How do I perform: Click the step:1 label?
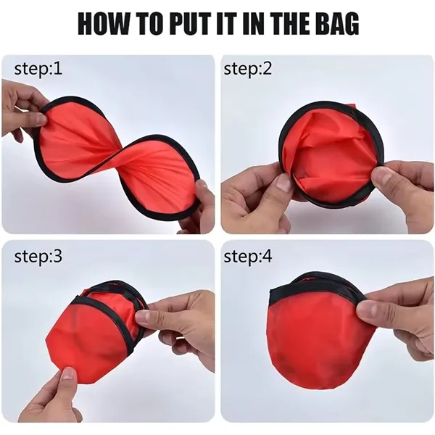(38, 69)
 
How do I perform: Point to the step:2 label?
(248, 69)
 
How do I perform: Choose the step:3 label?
(38, 257)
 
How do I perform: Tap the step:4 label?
(248, 257)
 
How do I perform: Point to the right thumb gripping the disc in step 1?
(202, 191)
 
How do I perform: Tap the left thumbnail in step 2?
(283, 183)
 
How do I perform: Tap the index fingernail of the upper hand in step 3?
(143, 316)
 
